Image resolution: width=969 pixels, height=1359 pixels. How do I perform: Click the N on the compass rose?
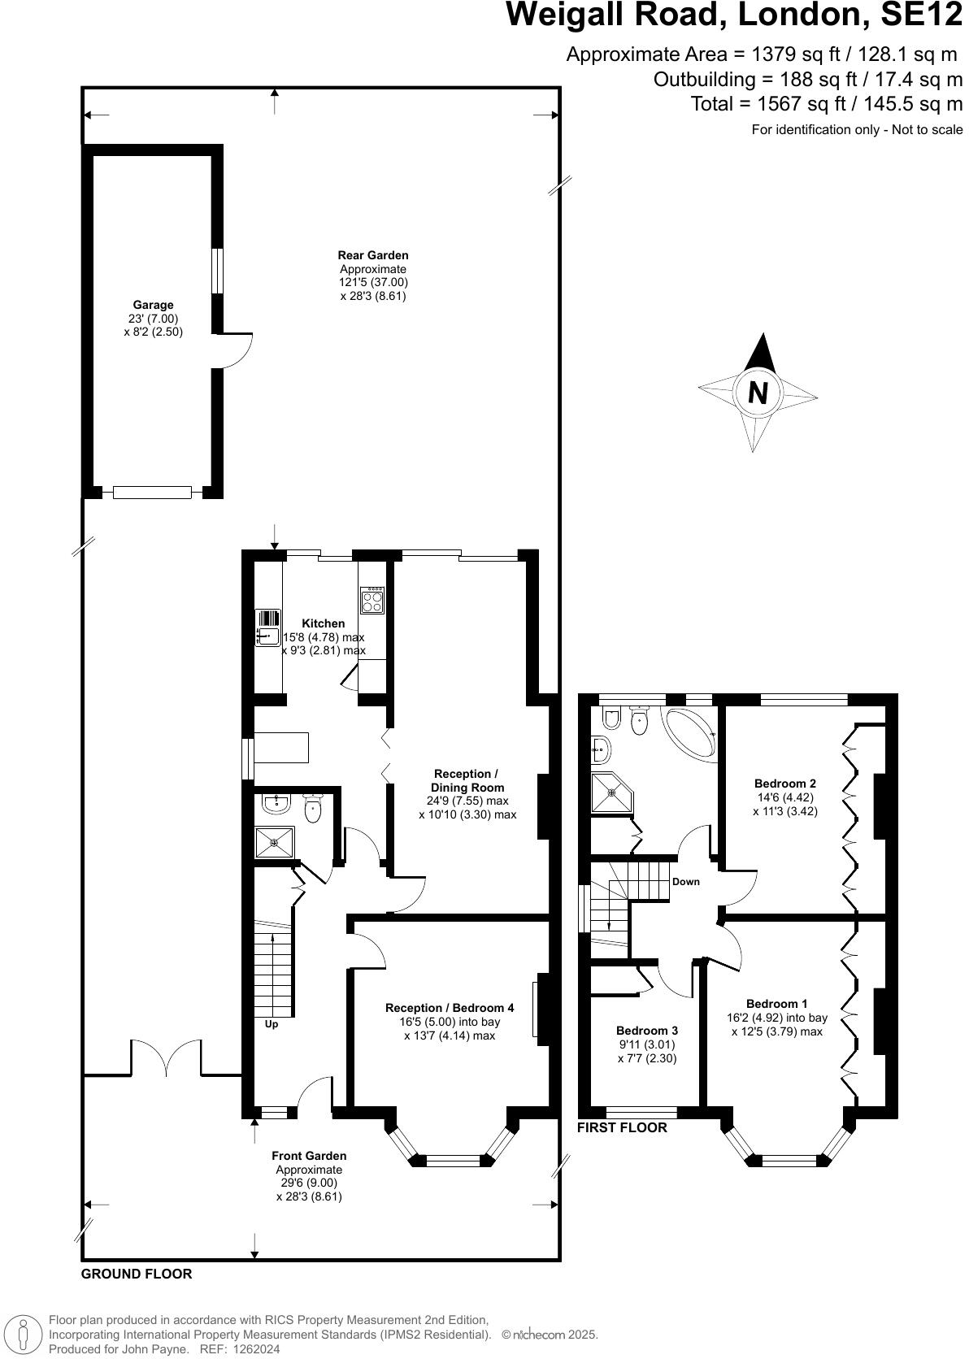pos(757,393)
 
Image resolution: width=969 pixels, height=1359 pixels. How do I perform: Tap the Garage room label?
pos(153,305)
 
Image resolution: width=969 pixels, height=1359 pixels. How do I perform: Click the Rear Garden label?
pos(372,255)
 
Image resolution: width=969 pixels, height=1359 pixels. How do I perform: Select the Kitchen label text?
pos(324,623)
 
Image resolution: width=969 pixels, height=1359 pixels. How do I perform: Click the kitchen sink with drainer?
pos(267,627)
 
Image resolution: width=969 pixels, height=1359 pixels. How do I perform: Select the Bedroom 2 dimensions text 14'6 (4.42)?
pos(784,797)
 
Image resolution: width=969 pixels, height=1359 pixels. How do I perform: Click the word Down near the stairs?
pos(685,882)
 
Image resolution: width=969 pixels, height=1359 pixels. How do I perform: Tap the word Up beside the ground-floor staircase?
pos(272,1024)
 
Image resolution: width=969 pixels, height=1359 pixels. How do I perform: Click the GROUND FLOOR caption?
pos(137,1274)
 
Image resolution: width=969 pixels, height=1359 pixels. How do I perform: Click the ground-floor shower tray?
pos(275,842)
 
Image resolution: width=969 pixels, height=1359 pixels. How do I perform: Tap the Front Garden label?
pos(309,1156)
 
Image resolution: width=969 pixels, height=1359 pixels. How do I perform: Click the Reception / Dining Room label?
pos(467,780)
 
